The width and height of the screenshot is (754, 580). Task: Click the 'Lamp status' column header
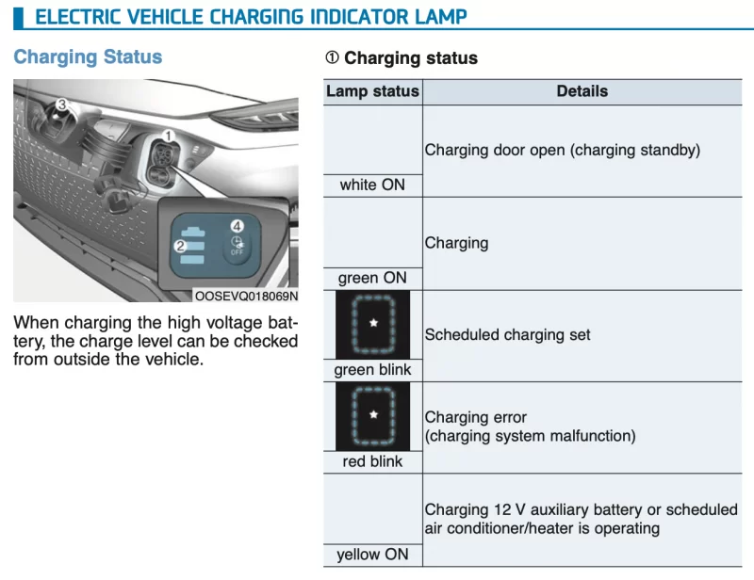pyautogui.click(x=372, y=91)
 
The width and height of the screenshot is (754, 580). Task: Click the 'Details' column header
pyautogui.click(x=582, y=91)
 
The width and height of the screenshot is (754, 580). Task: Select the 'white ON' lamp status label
pyautogui.click(x=372, y=185)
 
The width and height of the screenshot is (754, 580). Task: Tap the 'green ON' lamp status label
pyautogui.click(x=372, y=278)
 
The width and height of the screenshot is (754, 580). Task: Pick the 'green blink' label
pyautogui.click(x=372, y=369)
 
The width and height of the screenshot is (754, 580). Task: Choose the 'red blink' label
pyautogui.click(x=372, y=461)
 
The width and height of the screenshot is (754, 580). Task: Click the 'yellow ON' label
pyautogui.click(x=372, y=554)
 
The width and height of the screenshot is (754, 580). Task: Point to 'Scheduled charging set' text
pyautogui.click(x=507, y=334)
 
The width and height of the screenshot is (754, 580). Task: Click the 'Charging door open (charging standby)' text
pyautogui.click(x=562, y=150)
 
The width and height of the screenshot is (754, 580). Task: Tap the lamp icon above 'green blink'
pyautogui.click(x=372, y=324)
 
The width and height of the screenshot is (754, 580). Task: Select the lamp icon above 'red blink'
pyautogui.click(x=372, y=416)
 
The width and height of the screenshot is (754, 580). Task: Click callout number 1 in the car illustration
pyautogui.click(x=169, y=136)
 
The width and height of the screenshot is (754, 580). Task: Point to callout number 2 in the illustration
pyautogui.click(x=180, y=246)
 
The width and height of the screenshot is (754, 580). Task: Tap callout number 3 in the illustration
pyautogui.click(x=61, y=105)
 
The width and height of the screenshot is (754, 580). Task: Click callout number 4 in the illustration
pyautogui.click(x=238, y=226)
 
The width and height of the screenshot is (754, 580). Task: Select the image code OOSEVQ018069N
pyautogui.click(x=246, y=296)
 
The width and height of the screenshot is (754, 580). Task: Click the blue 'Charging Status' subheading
pyautogui.click(x=88, y=56)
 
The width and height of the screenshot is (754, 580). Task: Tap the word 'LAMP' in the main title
pyautogui.click(x=441, y=17)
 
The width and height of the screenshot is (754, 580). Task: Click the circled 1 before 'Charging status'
pyautogui.click(x=333, y=57)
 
